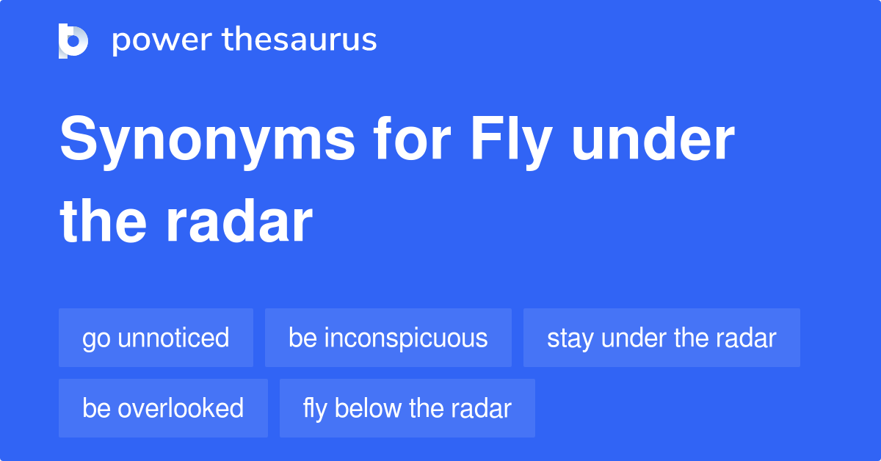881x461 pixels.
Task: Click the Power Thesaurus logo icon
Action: pyautogui.click(x=73, y=40)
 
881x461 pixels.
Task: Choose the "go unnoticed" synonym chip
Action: pyautogui.click(x=156, y=338)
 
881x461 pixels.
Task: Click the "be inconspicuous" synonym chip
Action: pyautogui.click(x=388, y=338)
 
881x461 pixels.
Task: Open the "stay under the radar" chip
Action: pyautogui.click(x=661, y=338)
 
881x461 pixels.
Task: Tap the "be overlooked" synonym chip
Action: pyautogui.click(x=163, y=408)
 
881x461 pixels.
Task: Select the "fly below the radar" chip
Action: pyautogui.click(x=407, y=408)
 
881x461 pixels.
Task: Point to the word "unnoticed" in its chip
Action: pyautogui.click(x=173, y=338)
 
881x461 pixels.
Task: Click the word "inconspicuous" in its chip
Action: pyautogui.click(x=406, y=338)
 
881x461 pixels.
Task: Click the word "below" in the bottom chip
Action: pyautogui.click(x=366, y=408)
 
